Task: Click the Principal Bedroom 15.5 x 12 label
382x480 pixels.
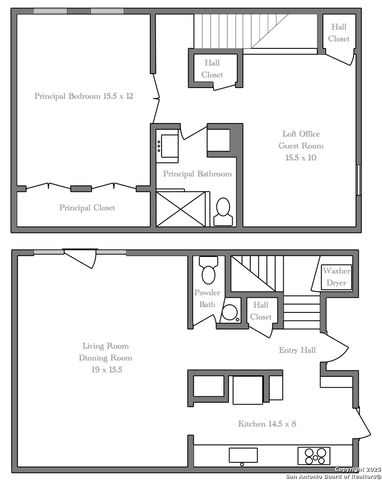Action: (x=83, y=96)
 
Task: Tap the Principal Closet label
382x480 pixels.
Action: (x=87, y=208)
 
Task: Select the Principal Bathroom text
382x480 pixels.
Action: (x=197, y=174)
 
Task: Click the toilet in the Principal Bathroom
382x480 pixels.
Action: (x=223, y=210)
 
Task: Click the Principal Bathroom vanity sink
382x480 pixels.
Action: (x=166, y=145)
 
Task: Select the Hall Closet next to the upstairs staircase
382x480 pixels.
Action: (x=212, y=69)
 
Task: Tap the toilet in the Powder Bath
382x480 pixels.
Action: (x=208, y=271)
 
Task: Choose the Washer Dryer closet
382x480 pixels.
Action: (x=335, y=275)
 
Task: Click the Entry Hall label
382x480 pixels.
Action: (x=297, y=351)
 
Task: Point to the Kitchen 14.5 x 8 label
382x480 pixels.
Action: (x=267, y=424)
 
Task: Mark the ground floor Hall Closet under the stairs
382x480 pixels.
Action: (x=260, y=310)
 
